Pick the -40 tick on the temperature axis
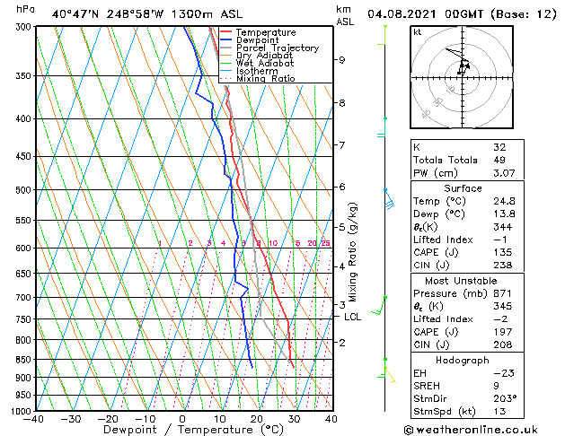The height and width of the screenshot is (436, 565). pyautogui.click(x=34, y=419)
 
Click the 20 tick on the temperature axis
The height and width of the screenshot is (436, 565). pyautogui.click(x=257, y=419)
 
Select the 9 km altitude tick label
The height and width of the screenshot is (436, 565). pyautogui.click(x=342, y=60)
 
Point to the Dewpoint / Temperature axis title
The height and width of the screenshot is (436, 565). pyautogui.click(x=181, y=430)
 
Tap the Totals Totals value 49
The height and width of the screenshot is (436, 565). pyautogui.click(x=499, y=160)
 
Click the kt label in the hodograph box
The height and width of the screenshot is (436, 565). pyautogui.click(x=417, y=31)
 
